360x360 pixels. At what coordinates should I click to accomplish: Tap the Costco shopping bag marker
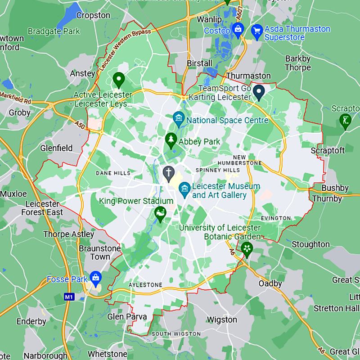pyautogui.click(x=238, y=31)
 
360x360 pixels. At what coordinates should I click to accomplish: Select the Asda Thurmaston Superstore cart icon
pyautogui.click(x=257, y=31)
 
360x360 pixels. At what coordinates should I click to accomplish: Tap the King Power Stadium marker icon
pyautogui.click(x=159, y=213)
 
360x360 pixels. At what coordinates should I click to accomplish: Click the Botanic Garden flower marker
pyautogui.click(x=246, y=248)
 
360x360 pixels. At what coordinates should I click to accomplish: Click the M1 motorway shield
pyautogui.click(x=68, y=297)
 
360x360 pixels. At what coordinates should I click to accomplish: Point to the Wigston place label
pyautogui.click(x=221, y=319)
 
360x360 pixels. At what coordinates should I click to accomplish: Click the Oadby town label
pyautogui.click(x=270, y=283)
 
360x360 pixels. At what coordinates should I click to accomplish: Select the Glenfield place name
pyautogui.click(x=56, y=148)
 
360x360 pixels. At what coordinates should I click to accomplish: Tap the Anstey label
pyautogui.click(x=82, y=73)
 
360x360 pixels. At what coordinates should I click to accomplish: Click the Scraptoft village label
pyautogui.click(x=328, y=151)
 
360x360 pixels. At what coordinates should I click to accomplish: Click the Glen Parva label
pyautogui.click(x=127, y=317)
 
